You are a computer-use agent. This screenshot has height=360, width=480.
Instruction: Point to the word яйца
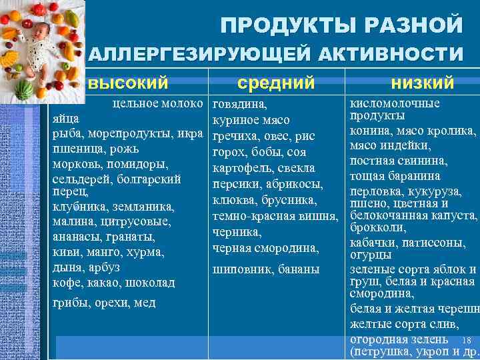[66, 119]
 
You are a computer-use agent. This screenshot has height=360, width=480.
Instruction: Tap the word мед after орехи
[145, 303]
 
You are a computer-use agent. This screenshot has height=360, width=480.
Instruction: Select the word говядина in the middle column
[239, 105]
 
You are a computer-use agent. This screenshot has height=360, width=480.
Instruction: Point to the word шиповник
[240, 269]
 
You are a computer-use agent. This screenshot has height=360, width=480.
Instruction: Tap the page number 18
[466, 340]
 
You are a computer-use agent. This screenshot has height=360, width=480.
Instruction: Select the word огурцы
[371, 255]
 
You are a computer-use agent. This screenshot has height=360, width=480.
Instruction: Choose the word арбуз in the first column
[104, 267]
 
